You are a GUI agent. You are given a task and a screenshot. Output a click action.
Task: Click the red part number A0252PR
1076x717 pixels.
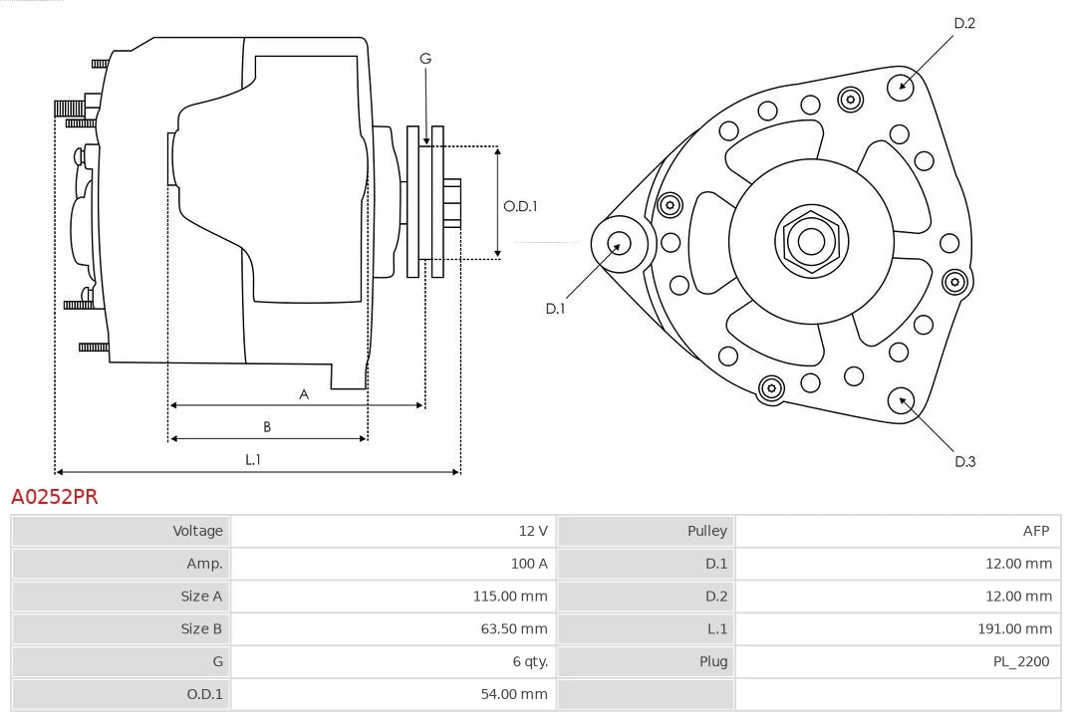[x=55, y=496]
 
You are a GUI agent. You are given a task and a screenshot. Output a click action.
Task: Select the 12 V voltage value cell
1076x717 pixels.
[x=533, y=531]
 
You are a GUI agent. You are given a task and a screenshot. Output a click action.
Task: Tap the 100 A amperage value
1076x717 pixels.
[x=529, y=564]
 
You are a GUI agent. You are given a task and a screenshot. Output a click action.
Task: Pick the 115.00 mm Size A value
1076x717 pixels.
[x=509, y=597]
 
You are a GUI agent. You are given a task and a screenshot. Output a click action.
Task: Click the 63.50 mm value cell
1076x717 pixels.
[x=512, y=628]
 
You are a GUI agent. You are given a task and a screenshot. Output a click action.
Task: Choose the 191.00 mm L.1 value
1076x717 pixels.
[x=1013, y=628]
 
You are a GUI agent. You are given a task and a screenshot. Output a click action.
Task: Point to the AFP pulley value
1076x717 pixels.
[x=1035, y=531]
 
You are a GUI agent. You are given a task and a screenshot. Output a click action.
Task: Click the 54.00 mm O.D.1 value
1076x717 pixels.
[x=512, y=694]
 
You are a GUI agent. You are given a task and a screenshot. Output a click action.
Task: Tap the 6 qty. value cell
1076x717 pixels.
[x=530, y=661]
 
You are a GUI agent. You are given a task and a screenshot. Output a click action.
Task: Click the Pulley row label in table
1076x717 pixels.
[x=706, y=531]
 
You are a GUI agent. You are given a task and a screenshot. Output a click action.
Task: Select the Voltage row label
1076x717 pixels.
[x=197, y=531]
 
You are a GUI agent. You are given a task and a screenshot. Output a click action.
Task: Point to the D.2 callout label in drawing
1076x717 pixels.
[x=964, y=23]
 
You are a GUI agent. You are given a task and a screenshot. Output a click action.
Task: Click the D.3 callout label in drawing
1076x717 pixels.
[x=964, y=461]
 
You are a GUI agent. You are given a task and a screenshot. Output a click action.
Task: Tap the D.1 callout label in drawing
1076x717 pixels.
[x=555, y=309]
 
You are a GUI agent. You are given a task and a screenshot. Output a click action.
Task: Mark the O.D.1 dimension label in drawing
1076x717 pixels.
[x=520, y=206]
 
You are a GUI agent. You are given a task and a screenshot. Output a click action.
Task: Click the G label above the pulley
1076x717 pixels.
[x=425, y=59]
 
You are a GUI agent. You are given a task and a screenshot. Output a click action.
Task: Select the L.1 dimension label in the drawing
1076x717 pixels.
[x=253, y=459]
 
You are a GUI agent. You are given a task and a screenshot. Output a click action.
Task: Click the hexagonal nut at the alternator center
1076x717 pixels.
[x=811, y=241]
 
